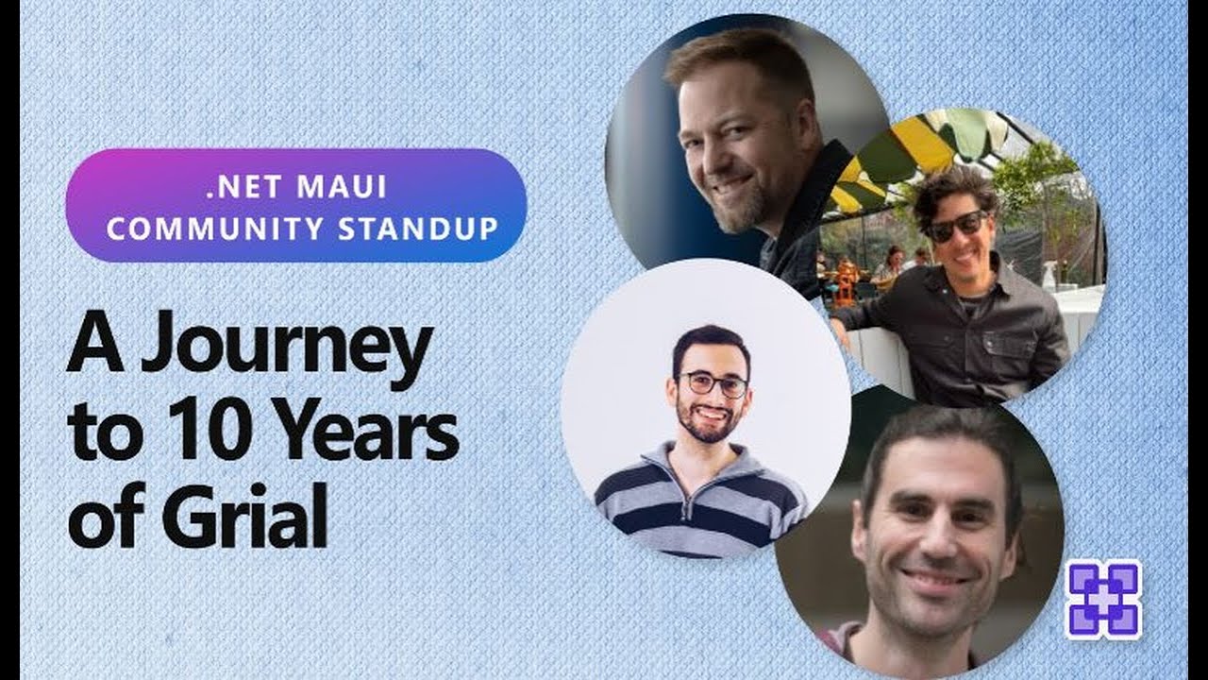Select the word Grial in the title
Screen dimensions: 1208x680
[244, 513]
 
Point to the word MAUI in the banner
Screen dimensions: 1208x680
[342, 187]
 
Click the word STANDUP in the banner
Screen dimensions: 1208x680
[418, 229]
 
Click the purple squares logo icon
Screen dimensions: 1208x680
[1103, 599]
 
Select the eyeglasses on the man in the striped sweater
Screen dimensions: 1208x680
[713, 384]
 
